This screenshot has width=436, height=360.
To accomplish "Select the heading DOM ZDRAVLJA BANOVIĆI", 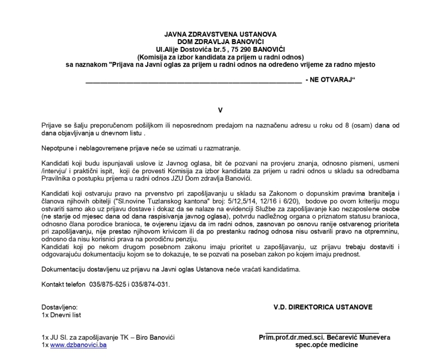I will click(220, 42).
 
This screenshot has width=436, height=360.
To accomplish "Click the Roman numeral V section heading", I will click(220, 109).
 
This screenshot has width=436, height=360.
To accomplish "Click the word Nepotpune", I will click(58, 148).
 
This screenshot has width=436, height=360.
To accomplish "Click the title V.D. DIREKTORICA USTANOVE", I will click(323, 307).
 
